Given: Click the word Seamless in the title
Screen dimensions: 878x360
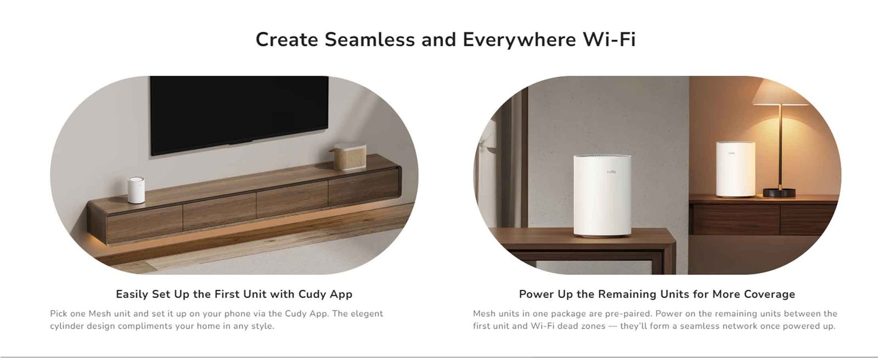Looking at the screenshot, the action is coord(370,40).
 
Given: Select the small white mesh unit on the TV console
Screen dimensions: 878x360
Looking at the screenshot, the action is coord(136,190).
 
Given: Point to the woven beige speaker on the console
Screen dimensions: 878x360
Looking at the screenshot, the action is coord(348,156).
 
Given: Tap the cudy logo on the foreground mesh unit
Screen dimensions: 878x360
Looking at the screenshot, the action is coord(611,172).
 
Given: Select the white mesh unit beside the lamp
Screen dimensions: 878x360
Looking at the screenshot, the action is coord(735,169).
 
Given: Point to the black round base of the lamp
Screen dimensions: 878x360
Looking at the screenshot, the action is coord(779,193).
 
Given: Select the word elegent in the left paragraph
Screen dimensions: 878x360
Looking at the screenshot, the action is coord(367,314).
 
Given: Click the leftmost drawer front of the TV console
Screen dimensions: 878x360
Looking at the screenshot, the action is coord(145,224).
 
